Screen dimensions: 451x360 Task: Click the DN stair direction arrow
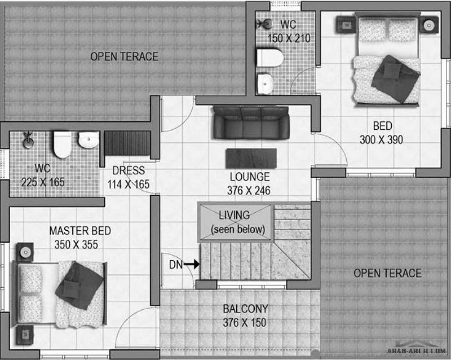pyautogui.click(x=192, y=264)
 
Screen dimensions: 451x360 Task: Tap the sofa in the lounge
pyautogui.click(x=251, y=122)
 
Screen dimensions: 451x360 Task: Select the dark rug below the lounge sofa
pyautogui.click(x=251, y=159)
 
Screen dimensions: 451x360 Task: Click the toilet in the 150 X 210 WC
pyautogui.click(x=270, y=58)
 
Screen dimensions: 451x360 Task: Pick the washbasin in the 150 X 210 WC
pyautogui.click(x=265, y=84)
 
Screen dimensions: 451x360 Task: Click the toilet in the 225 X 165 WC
pyautogui.click(x=63, y=144)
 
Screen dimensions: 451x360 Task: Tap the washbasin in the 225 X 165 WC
pyautogui.click(x=89, y=140)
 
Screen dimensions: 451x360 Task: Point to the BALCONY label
pyautogui.click(x=245, y=309)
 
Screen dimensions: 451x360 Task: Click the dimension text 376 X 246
pyautogui.click(x=249, y=190)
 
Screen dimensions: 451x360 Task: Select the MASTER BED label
pyautogui.click(x=80, y=231)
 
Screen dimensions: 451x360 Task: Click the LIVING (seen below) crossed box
pyautogui.click(x=236, y=222)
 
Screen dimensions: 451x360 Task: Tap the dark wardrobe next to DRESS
pyautogui.click(x=127, y=143)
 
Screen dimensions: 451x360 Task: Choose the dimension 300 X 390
pyautogui.click(x=381, y=140)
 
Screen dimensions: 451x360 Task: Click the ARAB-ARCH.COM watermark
pyautogui.click(x=417, y=350)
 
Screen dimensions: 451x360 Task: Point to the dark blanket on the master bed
pyautogui.click(x=79, y=285)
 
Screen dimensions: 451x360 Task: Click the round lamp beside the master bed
pyautogui.click(x=25, y=252)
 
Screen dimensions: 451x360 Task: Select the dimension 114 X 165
pyautogui.click(x=129, y=185)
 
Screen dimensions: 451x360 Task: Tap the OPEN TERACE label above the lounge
pyautogui.click(x=124, y=56)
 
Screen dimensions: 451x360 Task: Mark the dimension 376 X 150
pyautogui.click(x=245, y=323)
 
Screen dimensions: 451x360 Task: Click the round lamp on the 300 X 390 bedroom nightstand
pyautogui.click(x=428, y=25)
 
